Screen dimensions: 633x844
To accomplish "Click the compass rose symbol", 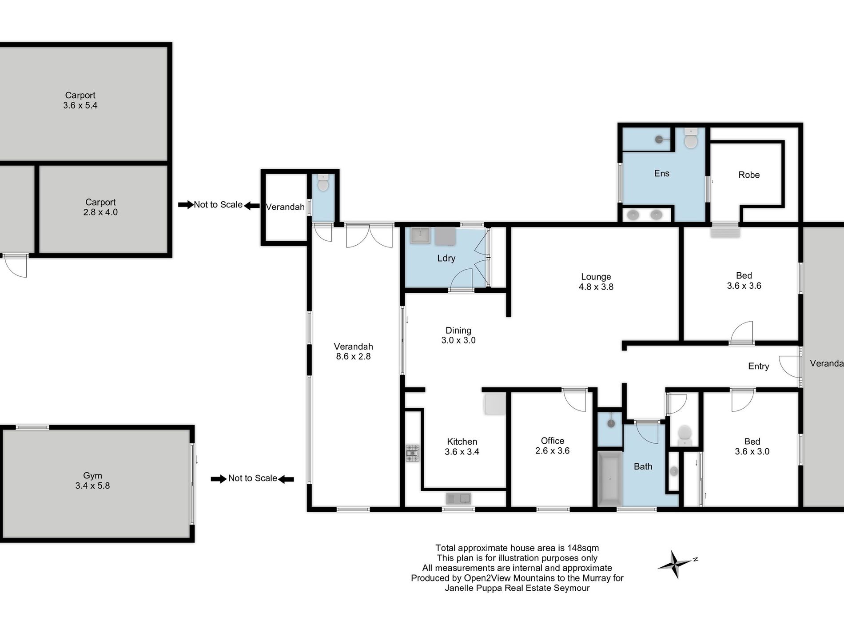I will pyautogui.click(x=676, y=564).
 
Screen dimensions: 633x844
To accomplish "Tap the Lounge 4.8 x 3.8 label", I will pyautogui.click(x=596, y=282).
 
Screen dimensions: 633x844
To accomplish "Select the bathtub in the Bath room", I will pyautogui.click(x=610, y=479).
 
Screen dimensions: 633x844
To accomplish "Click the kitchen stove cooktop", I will pyautogui.click(x=412, y=453).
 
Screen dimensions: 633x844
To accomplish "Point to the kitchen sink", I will pyautogui.click(x=458, y=499).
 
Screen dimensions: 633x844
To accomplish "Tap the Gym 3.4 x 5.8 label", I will pyautogui.click(x=92, y=481).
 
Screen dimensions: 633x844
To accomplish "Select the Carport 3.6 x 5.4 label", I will pyautogui.click(x=80, y=100).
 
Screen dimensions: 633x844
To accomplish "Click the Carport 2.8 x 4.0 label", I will pyautogui.click(x=100, y=207).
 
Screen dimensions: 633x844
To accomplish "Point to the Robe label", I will pyautogui.click(x=748, y=175).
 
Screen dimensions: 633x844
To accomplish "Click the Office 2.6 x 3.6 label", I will pyautogui.click(x=552, y=446).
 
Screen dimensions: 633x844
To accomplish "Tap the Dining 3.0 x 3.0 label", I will pyautogui.click(x=458, y=335).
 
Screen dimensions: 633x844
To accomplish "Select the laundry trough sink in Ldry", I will pyautogui.click(x=420, y=235).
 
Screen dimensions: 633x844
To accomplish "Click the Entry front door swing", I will pyautogui.click(x=790, y=366).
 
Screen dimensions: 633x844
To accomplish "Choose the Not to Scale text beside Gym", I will pyautogui.click(x=252, y=478).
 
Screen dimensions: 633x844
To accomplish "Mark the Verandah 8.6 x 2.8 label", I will pyautogui.click(x=353, y=351).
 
